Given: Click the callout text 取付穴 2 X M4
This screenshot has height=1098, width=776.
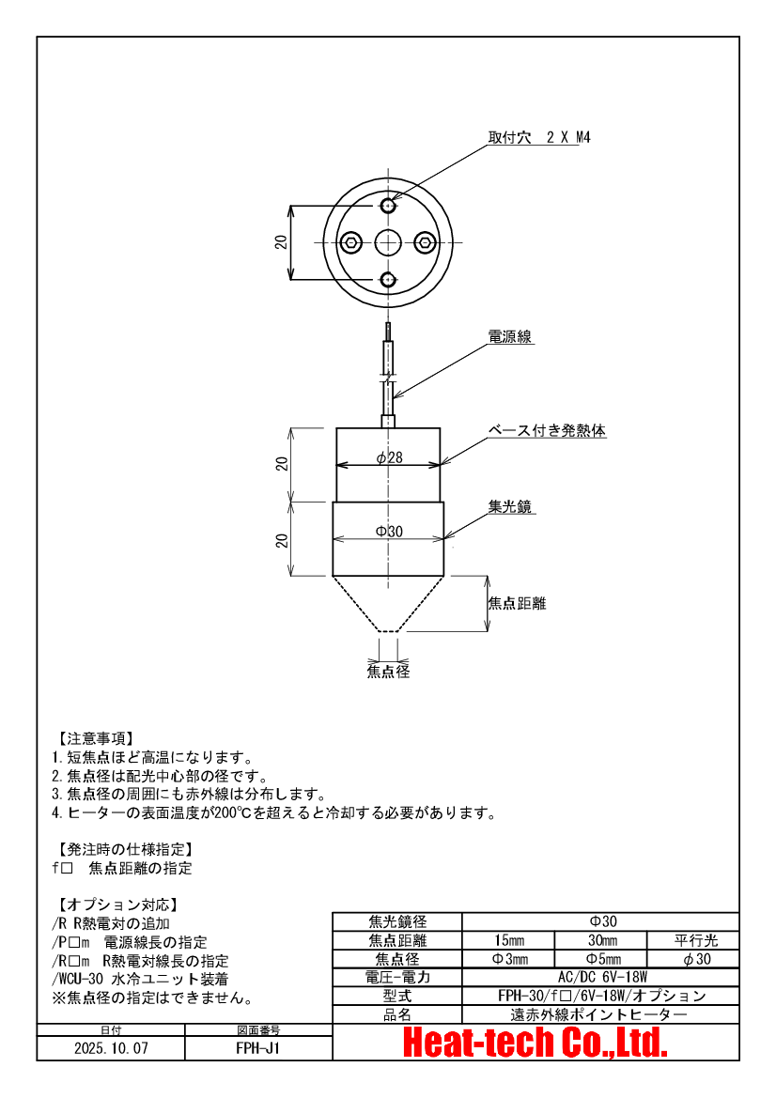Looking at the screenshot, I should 538,137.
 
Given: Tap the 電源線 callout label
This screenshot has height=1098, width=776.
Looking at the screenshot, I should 511,336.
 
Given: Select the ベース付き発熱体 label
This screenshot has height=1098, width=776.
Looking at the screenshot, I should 546,431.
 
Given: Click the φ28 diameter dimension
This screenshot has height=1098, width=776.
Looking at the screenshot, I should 389,457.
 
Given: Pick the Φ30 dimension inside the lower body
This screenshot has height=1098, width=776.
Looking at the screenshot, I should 389,532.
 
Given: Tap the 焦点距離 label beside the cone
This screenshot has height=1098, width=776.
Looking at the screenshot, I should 517,603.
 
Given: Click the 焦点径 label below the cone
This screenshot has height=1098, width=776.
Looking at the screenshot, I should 388,672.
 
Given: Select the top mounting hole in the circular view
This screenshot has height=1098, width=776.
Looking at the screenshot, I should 388,205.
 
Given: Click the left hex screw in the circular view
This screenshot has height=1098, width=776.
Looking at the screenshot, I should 350,242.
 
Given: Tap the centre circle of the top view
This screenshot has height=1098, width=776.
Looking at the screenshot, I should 388,242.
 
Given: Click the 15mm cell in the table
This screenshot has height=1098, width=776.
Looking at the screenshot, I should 509,940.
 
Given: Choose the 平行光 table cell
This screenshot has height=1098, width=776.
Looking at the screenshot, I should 695,940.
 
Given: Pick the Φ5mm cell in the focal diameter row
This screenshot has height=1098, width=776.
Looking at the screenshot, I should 601,959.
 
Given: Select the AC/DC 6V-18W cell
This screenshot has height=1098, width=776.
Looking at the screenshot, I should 601,978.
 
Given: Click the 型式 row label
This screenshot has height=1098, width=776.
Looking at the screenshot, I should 398,996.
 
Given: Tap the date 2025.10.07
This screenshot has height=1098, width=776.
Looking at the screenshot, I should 111,1047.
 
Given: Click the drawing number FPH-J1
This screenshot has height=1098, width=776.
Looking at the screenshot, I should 258,1047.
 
